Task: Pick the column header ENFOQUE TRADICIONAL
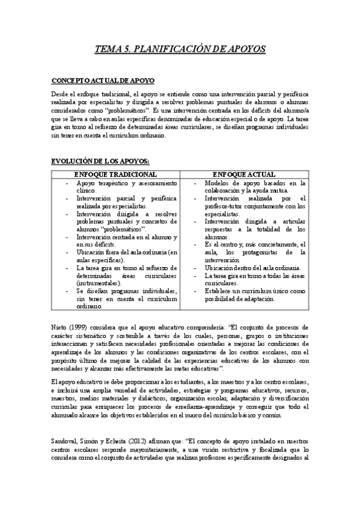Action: coord(115,173)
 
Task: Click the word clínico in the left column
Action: coord(87,190)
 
